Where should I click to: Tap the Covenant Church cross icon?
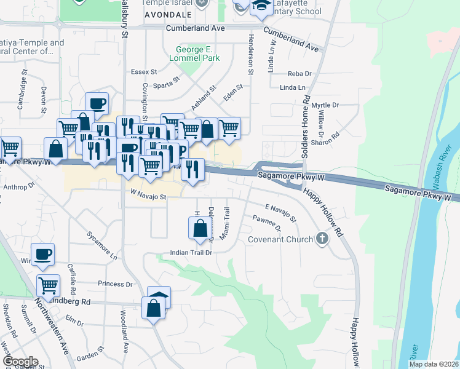tap(321, 239)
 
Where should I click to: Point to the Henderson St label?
tap(250, 55)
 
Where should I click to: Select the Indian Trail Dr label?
tap(191, 253)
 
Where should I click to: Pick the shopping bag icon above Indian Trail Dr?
tap(200, 229)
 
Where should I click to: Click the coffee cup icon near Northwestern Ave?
tap(43, 255)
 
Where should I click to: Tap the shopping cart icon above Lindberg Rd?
tap(48, 285)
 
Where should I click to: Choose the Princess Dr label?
tap(115, 284)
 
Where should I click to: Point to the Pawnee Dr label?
tap(267, 223)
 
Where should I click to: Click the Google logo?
tap(20, 362)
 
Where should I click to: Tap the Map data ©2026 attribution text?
tap(433, 364)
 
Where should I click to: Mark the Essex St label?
tap(145, 72)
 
